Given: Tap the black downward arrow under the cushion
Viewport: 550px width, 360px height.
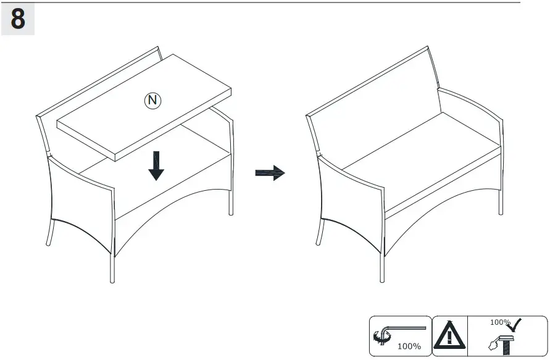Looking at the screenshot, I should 156,165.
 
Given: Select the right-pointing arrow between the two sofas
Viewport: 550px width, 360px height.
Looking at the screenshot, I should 270,173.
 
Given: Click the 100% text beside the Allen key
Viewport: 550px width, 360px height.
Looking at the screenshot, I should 409,346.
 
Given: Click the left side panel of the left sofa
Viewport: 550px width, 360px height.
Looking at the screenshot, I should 80,198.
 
